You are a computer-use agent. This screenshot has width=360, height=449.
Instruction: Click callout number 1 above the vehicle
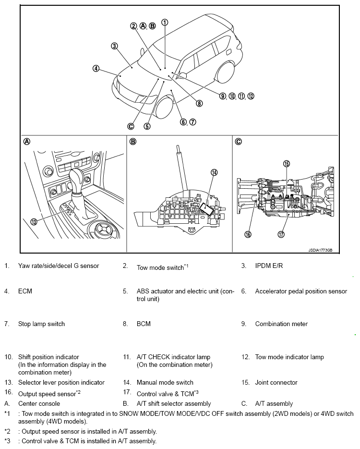pos(165,22)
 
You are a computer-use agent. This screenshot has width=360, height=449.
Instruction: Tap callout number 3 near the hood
pos(114,46)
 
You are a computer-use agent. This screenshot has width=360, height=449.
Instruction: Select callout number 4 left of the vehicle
pos(96,69)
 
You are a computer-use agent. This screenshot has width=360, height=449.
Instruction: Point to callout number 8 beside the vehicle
pos(199,103)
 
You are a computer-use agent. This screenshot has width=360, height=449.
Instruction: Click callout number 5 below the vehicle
pos(147,126)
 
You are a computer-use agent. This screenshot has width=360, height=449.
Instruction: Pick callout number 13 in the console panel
pos(34,221)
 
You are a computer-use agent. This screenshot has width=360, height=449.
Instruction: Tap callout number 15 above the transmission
pos(287,164)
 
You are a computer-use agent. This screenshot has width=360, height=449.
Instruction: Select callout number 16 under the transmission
pos(248,234)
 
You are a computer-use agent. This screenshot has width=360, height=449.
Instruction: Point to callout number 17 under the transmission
pos(281,234)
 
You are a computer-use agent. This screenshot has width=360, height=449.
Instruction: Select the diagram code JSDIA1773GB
pos(320,250)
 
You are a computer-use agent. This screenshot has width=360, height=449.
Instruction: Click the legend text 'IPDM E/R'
pos(269,266)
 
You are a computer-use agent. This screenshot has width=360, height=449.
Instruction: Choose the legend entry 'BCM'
pos(144,324)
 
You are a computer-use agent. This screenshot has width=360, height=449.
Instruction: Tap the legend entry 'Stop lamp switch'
pos(41,324)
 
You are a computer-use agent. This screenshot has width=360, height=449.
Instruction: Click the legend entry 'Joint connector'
pos(276,382)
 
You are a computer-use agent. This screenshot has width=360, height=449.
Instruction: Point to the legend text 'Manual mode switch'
pos(165,382)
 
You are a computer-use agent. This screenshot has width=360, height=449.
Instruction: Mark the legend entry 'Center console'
pos(39,403)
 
